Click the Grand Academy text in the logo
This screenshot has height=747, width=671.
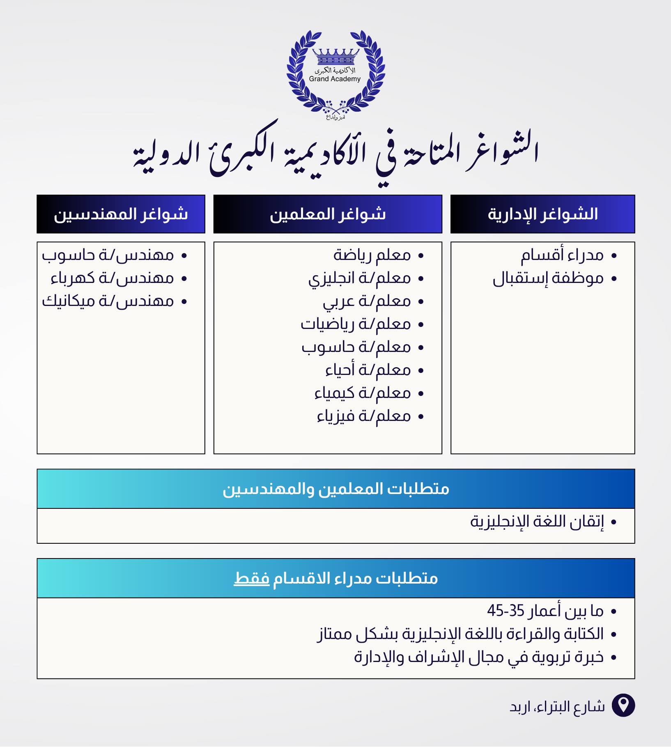click(x=335, y=79)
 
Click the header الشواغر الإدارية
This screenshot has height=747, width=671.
click(x=542, y=214)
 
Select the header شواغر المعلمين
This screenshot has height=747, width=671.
click(x=328, y=214)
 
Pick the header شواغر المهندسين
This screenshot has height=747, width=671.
click(x=121, y=214)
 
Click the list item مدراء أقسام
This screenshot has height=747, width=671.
click(x=562, y=255)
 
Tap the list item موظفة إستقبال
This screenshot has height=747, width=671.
click(x=548, y=279)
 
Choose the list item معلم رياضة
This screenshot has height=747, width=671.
click(x=372, y=255)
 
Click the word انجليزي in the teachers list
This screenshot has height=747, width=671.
click(x=331, y=279)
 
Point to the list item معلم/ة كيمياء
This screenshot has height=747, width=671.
click(x=363, y=393)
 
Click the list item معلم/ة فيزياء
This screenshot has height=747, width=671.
click(x=364, y=416)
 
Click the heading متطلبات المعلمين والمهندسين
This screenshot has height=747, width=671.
click(x=336, y=489)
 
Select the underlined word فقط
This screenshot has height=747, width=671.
click(x=251, y=578)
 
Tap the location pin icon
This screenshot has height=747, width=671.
click(x=623, y=706)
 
